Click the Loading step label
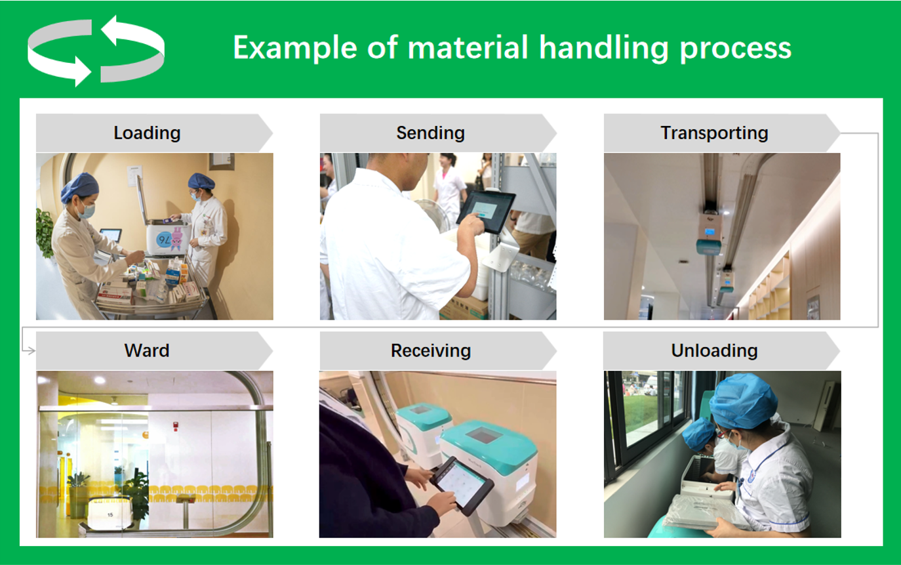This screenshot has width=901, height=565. pos(147,133)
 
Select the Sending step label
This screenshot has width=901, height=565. pos(430,133)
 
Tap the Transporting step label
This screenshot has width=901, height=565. pos(714,133)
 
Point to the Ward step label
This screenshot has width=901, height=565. pos(147,350)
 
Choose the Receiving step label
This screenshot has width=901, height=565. pos(431,351)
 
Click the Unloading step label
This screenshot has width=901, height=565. pos(714,350)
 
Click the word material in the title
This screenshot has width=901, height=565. pos(468,47)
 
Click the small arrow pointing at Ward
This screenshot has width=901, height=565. pos(29,351)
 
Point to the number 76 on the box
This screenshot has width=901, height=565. pos(164,241)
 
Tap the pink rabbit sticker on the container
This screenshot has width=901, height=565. pos(177,238)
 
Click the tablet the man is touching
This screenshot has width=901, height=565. pos(487,212)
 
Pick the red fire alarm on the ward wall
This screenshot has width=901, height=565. pos(175,426)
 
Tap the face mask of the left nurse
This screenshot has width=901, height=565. pos(87,211)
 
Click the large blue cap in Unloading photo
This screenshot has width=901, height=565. pos(744,401)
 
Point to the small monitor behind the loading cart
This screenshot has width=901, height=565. pos(111,236)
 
